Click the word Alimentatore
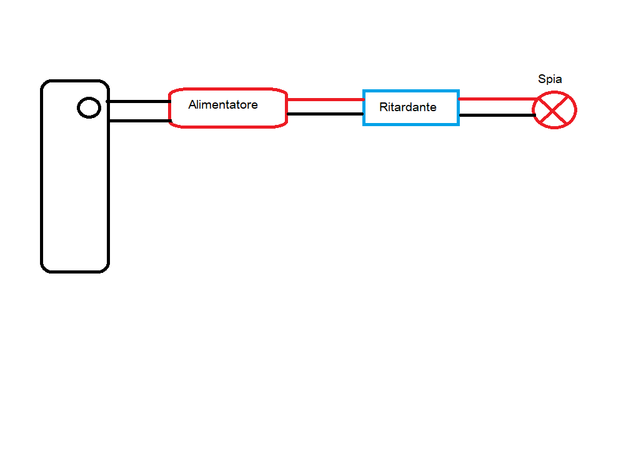point(223,105)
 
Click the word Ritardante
point(407,107)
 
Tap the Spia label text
point(550,79)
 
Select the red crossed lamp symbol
point(554,110)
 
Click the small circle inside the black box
point(89,108)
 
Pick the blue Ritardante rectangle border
point(411,91)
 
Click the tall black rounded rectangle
point(42,187)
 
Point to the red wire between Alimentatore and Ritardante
point(325,99)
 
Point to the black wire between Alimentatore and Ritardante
point(325,114)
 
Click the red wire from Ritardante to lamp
point(497,99)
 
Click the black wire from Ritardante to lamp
point(497,115)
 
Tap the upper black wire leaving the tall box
point(139,101)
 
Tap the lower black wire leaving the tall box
point(139,121)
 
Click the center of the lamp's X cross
point(554,110)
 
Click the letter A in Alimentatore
point(192,105)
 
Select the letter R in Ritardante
point(383,107)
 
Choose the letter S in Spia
point(542,79)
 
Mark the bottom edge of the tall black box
point(75,271)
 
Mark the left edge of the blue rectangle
point(364,108)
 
